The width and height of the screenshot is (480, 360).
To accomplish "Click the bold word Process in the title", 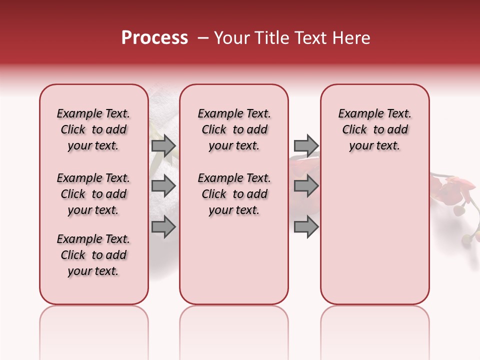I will coord(154,38).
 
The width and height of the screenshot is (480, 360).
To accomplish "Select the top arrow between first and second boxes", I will coord(163,145).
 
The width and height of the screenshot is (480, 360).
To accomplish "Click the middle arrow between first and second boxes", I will coord(163,186).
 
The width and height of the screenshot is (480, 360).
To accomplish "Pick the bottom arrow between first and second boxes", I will coord(163,227).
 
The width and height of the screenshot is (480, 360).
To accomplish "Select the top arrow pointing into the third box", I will coord(306,145).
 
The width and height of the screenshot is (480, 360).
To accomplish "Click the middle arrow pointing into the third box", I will coord(306,186).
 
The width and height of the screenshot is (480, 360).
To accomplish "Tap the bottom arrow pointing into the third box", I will coord(306,227).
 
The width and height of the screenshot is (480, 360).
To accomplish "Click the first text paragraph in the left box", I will coord(93,129).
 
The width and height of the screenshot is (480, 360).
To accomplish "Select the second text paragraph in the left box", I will coord(93,194).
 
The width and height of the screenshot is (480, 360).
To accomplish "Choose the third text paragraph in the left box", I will coord(93,255).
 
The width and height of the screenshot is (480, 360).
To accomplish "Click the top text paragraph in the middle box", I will coord(234,129).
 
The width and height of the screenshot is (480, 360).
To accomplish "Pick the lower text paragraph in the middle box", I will coord(234,194).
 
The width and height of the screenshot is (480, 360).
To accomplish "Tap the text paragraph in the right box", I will coord(374,129).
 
